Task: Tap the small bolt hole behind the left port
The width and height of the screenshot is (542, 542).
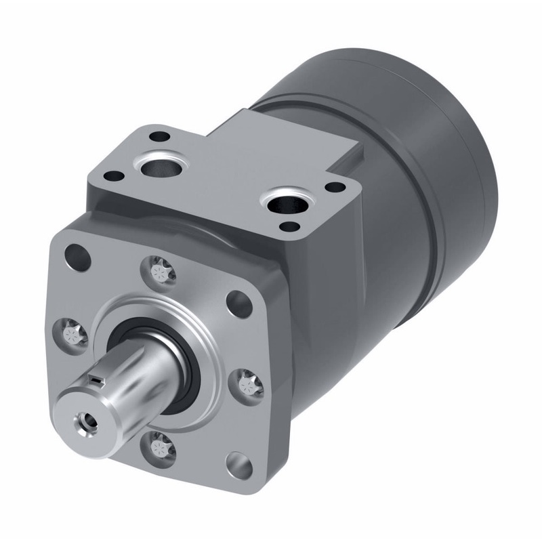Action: [x=159, y=136]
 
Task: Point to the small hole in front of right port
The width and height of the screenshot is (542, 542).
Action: [x=291, y=227]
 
